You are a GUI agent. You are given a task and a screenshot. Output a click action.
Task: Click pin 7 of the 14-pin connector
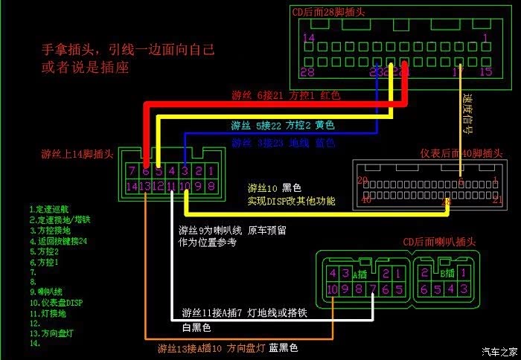[x=132, y=170]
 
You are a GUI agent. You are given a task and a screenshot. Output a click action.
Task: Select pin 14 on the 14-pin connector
[x=132, y=186]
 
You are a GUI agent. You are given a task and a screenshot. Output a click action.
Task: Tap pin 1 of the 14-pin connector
[x=211, y=170]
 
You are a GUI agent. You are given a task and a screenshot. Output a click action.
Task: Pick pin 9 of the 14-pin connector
[x=198, y=186]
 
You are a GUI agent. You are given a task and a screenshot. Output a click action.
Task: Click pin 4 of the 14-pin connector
[x=172, y=170]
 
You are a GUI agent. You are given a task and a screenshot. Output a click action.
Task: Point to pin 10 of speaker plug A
[x=332, y=289]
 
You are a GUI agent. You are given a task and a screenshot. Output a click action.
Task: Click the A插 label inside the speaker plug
[x=365, y=262]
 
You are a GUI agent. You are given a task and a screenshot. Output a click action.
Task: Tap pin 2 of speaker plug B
[x=424, y=273]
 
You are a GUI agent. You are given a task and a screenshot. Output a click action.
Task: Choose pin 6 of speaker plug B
[x=424, y=289]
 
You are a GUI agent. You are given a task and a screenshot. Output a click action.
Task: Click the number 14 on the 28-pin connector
[x=308, y=38]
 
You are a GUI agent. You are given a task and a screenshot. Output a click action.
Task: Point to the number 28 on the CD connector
[x=307, y=72]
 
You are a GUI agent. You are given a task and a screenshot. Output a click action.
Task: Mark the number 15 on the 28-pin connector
[x=486, y=72]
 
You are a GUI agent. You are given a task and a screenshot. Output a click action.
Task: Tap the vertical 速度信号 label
[x=467, y=112]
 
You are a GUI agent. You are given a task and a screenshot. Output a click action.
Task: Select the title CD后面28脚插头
[x=327, y=11]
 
